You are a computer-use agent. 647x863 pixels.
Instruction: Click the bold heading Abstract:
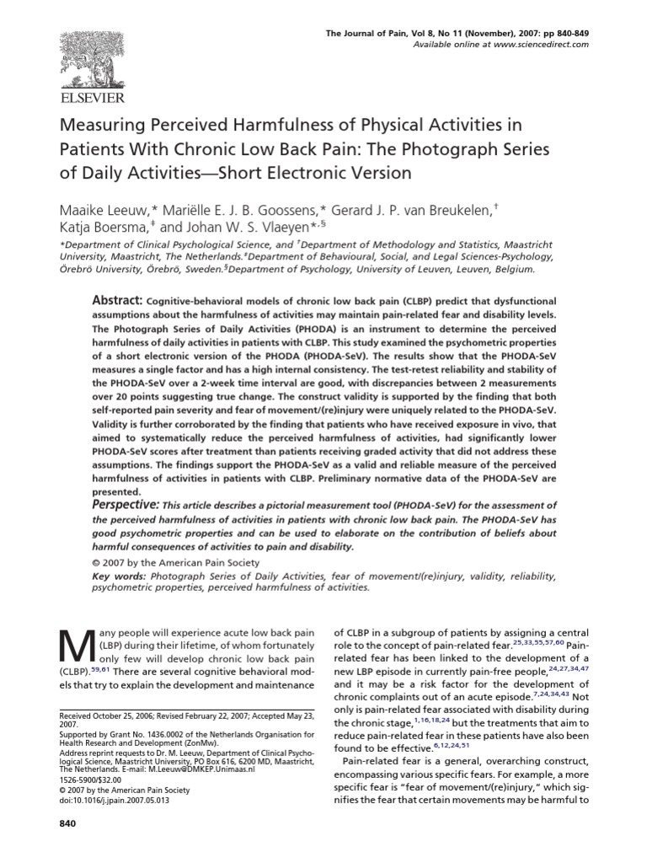point(116,301)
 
